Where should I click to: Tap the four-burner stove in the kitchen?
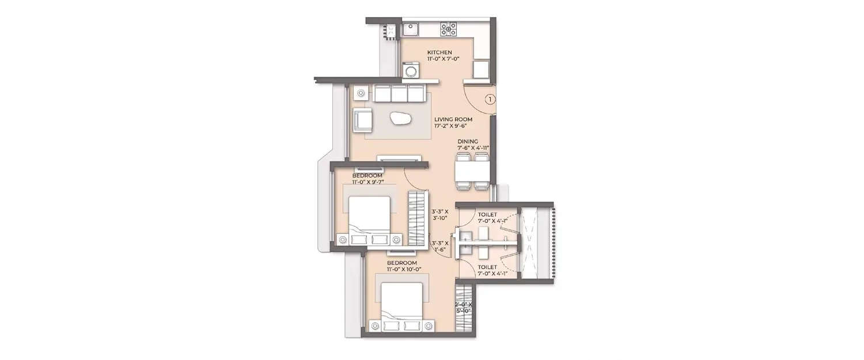448,29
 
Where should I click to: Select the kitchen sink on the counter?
410,26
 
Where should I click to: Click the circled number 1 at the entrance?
490,100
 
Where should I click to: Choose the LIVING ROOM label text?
453,119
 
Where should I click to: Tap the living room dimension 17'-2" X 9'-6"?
453,126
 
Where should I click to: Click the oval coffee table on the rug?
399,119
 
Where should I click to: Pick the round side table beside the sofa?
361,92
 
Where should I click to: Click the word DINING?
468,141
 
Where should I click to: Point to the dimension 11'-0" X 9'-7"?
368,181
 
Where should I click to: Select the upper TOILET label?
487,214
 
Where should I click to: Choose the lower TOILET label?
487,267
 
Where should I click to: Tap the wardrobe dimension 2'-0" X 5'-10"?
463,308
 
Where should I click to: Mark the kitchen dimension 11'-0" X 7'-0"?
443,59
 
